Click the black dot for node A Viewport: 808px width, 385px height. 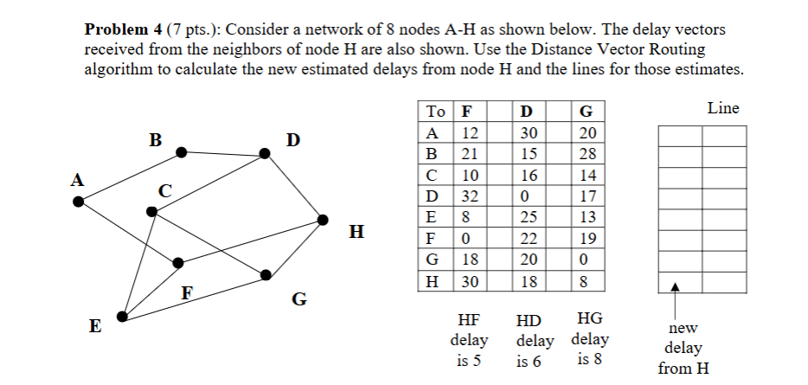tap(79, 202)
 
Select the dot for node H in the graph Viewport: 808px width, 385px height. tap(323, 218)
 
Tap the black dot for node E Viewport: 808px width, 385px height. tap(122, 318)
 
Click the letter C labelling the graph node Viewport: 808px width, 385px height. tap(164, 189)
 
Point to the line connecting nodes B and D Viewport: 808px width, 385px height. tap(223, 153)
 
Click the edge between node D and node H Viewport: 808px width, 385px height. tap(295, 187)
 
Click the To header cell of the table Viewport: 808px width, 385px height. tap(436, 112)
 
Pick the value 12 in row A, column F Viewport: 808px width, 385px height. tap(470, 133)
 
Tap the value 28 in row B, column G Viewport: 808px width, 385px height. tap(587, 154)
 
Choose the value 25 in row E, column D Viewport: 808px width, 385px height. tap(529, 217)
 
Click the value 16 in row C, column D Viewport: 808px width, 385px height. tap(529, 176)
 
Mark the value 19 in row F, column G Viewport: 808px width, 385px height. tap(587, 239)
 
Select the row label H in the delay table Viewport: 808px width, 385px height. tap(432, 281)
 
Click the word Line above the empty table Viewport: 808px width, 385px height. tap(722, 109)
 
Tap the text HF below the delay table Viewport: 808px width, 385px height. tap(469, 319)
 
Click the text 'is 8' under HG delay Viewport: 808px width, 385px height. tap(588, 359)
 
